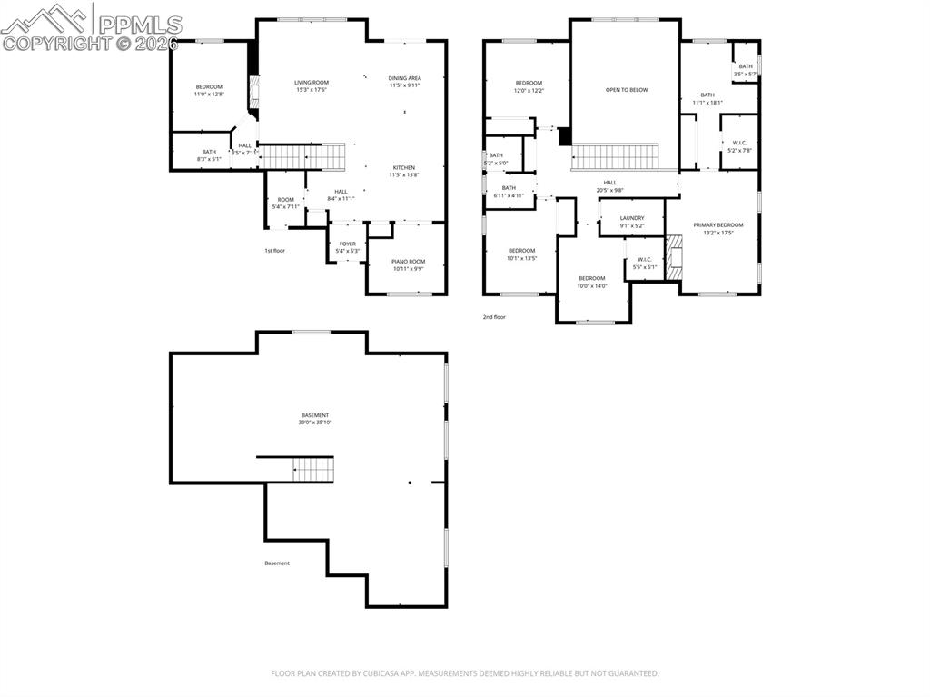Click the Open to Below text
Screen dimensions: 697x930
coord(627,90)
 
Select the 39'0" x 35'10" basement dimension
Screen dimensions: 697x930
coord(314,423)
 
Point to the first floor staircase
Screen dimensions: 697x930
coord(303,156)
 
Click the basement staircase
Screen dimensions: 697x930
coord(313,470)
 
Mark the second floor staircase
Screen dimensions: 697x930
coord(615,156)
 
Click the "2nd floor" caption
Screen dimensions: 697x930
coord(494,317)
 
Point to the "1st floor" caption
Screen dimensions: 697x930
coord(274,250)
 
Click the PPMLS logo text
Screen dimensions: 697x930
coord(138,25)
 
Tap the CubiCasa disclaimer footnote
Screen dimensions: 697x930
coord(464,673)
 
